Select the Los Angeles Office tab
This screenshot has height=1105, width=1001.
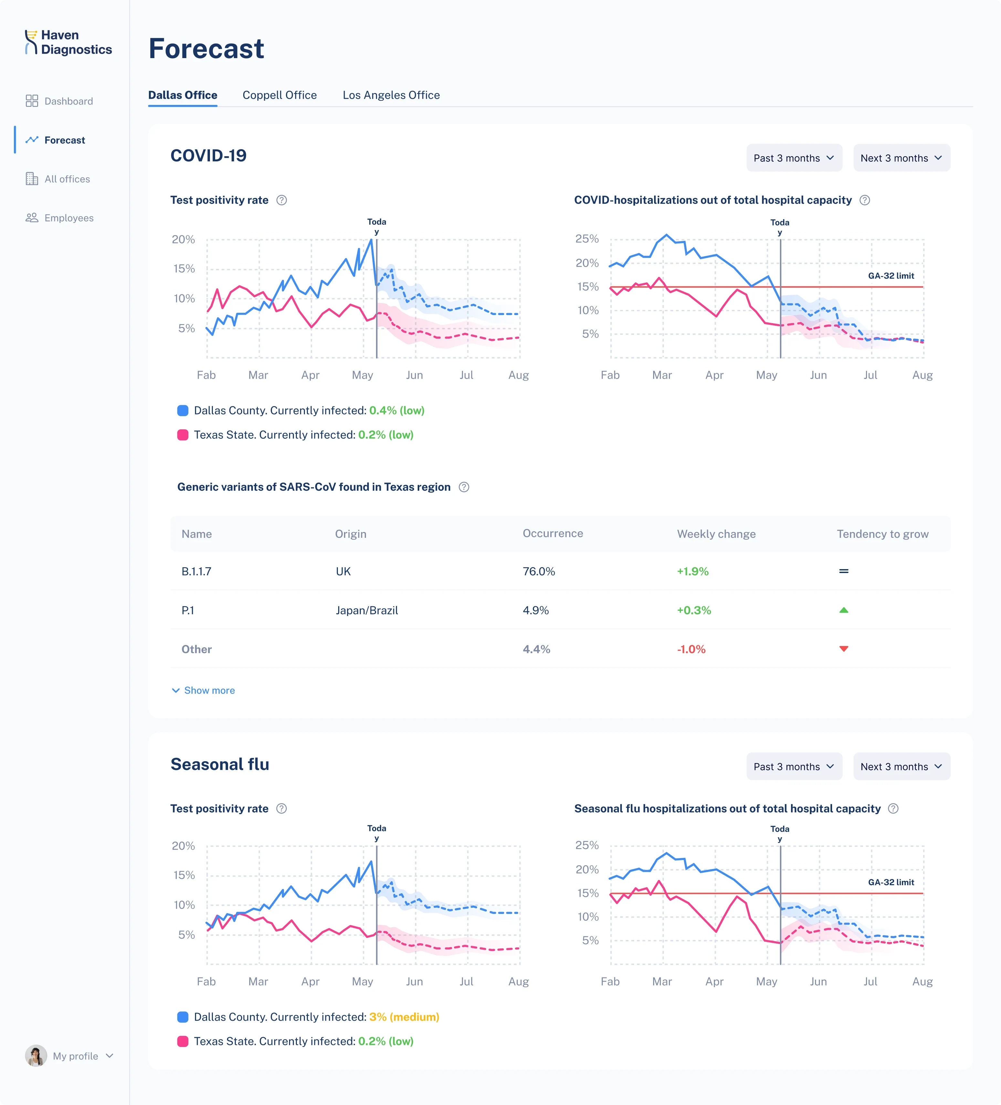(391, 95)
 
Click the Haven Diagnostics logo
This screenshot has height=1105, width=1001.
(68, 42)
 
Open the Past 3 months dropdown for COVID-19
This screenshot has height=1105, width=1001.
(794, 158)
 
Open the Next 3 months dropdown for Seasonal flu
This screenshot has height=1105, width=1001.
(901, 766)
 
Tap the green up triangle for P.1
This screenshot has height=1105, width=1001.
(844, 610)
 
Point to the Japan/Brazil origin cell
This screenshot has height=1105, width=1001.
(366, 610)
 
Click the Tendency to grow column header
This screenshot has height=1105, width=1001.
(882, 534)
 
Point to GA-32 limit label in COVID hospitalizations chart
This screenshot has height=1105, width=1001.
(891, 276)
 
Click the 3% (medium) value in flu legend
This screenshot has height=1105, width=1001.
(404, 1017)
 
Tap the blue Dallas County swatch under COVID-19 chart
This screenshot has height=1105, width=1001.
(182, 411)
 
